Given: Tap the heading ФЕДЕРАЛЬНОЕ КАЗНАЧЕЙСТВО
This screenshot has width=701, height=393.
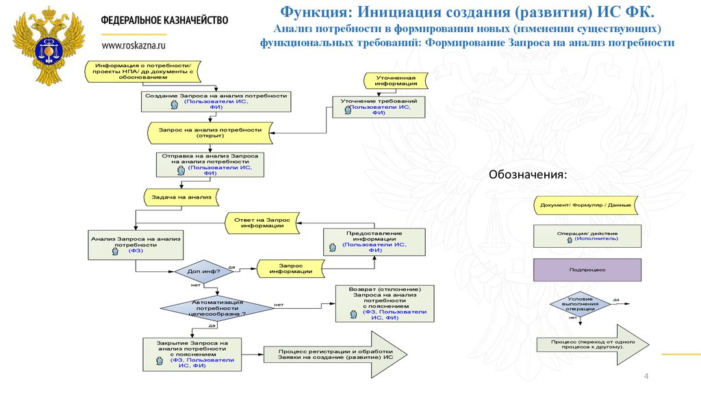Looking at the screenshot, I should [x=164, y=20].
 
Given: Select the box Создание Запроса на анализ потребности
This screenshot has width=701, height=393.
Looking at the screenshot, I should [x=216, y=101].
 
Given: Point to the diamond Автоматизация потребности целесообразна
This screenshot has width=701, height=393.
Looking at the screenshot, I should [x=218, y=308].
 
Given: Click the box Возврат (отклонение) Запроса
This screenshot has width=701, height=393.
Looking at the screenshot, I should [x=384, y=303].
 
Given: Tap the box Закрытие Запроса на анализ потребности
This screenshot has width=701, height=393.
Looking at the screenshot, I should [x=192, y=354].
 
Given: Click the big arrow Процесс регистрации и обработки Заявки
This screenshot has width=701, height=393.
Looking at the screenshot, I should [x=335, y=353].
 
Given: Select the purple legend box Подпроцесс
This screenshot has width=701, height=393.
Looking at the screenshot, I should [x=587, y=270].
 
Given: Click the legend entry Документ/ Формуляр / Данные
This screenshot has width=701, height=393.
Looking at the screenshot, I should [x=587, y=205].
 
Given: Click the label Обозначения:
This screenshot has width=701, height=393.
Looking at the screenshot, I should [x=527, y=175].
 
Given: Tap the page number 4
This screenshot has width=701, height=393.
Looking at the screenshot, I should [x=646, y=378].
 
